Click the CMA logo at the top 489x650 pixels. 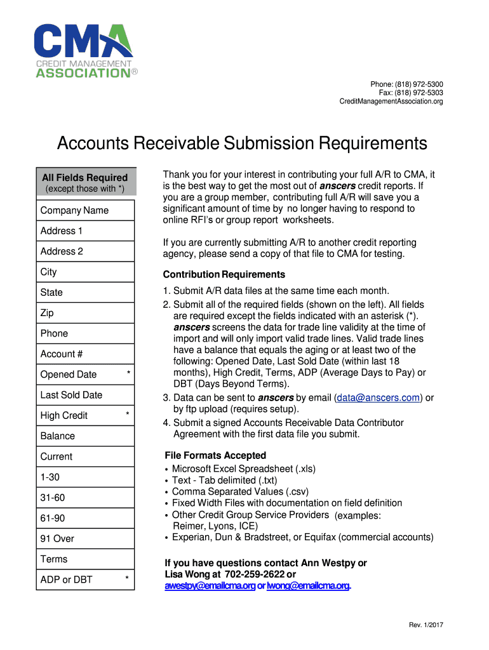click(x=83, y=51)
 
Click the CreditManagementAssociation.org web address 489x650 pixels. click(x=391, y=102)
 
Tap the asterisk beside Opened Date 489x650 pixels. click(x=128, y=373)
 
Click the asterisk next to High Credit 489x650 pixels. click(x=128, y=415)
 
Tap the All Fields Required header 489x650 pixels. click(x=84, y=178)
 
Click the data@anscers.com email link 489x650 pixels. click(x=378, y=398)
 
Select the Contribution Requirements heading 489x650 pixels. click(x=224, y=275)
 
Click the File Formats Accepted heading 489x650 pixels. click(x=215, y=456)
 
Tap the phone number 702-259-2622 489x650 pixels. click(x=255, y=574)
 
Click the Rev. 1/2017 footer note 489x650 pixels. click(x=425, y=625)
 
